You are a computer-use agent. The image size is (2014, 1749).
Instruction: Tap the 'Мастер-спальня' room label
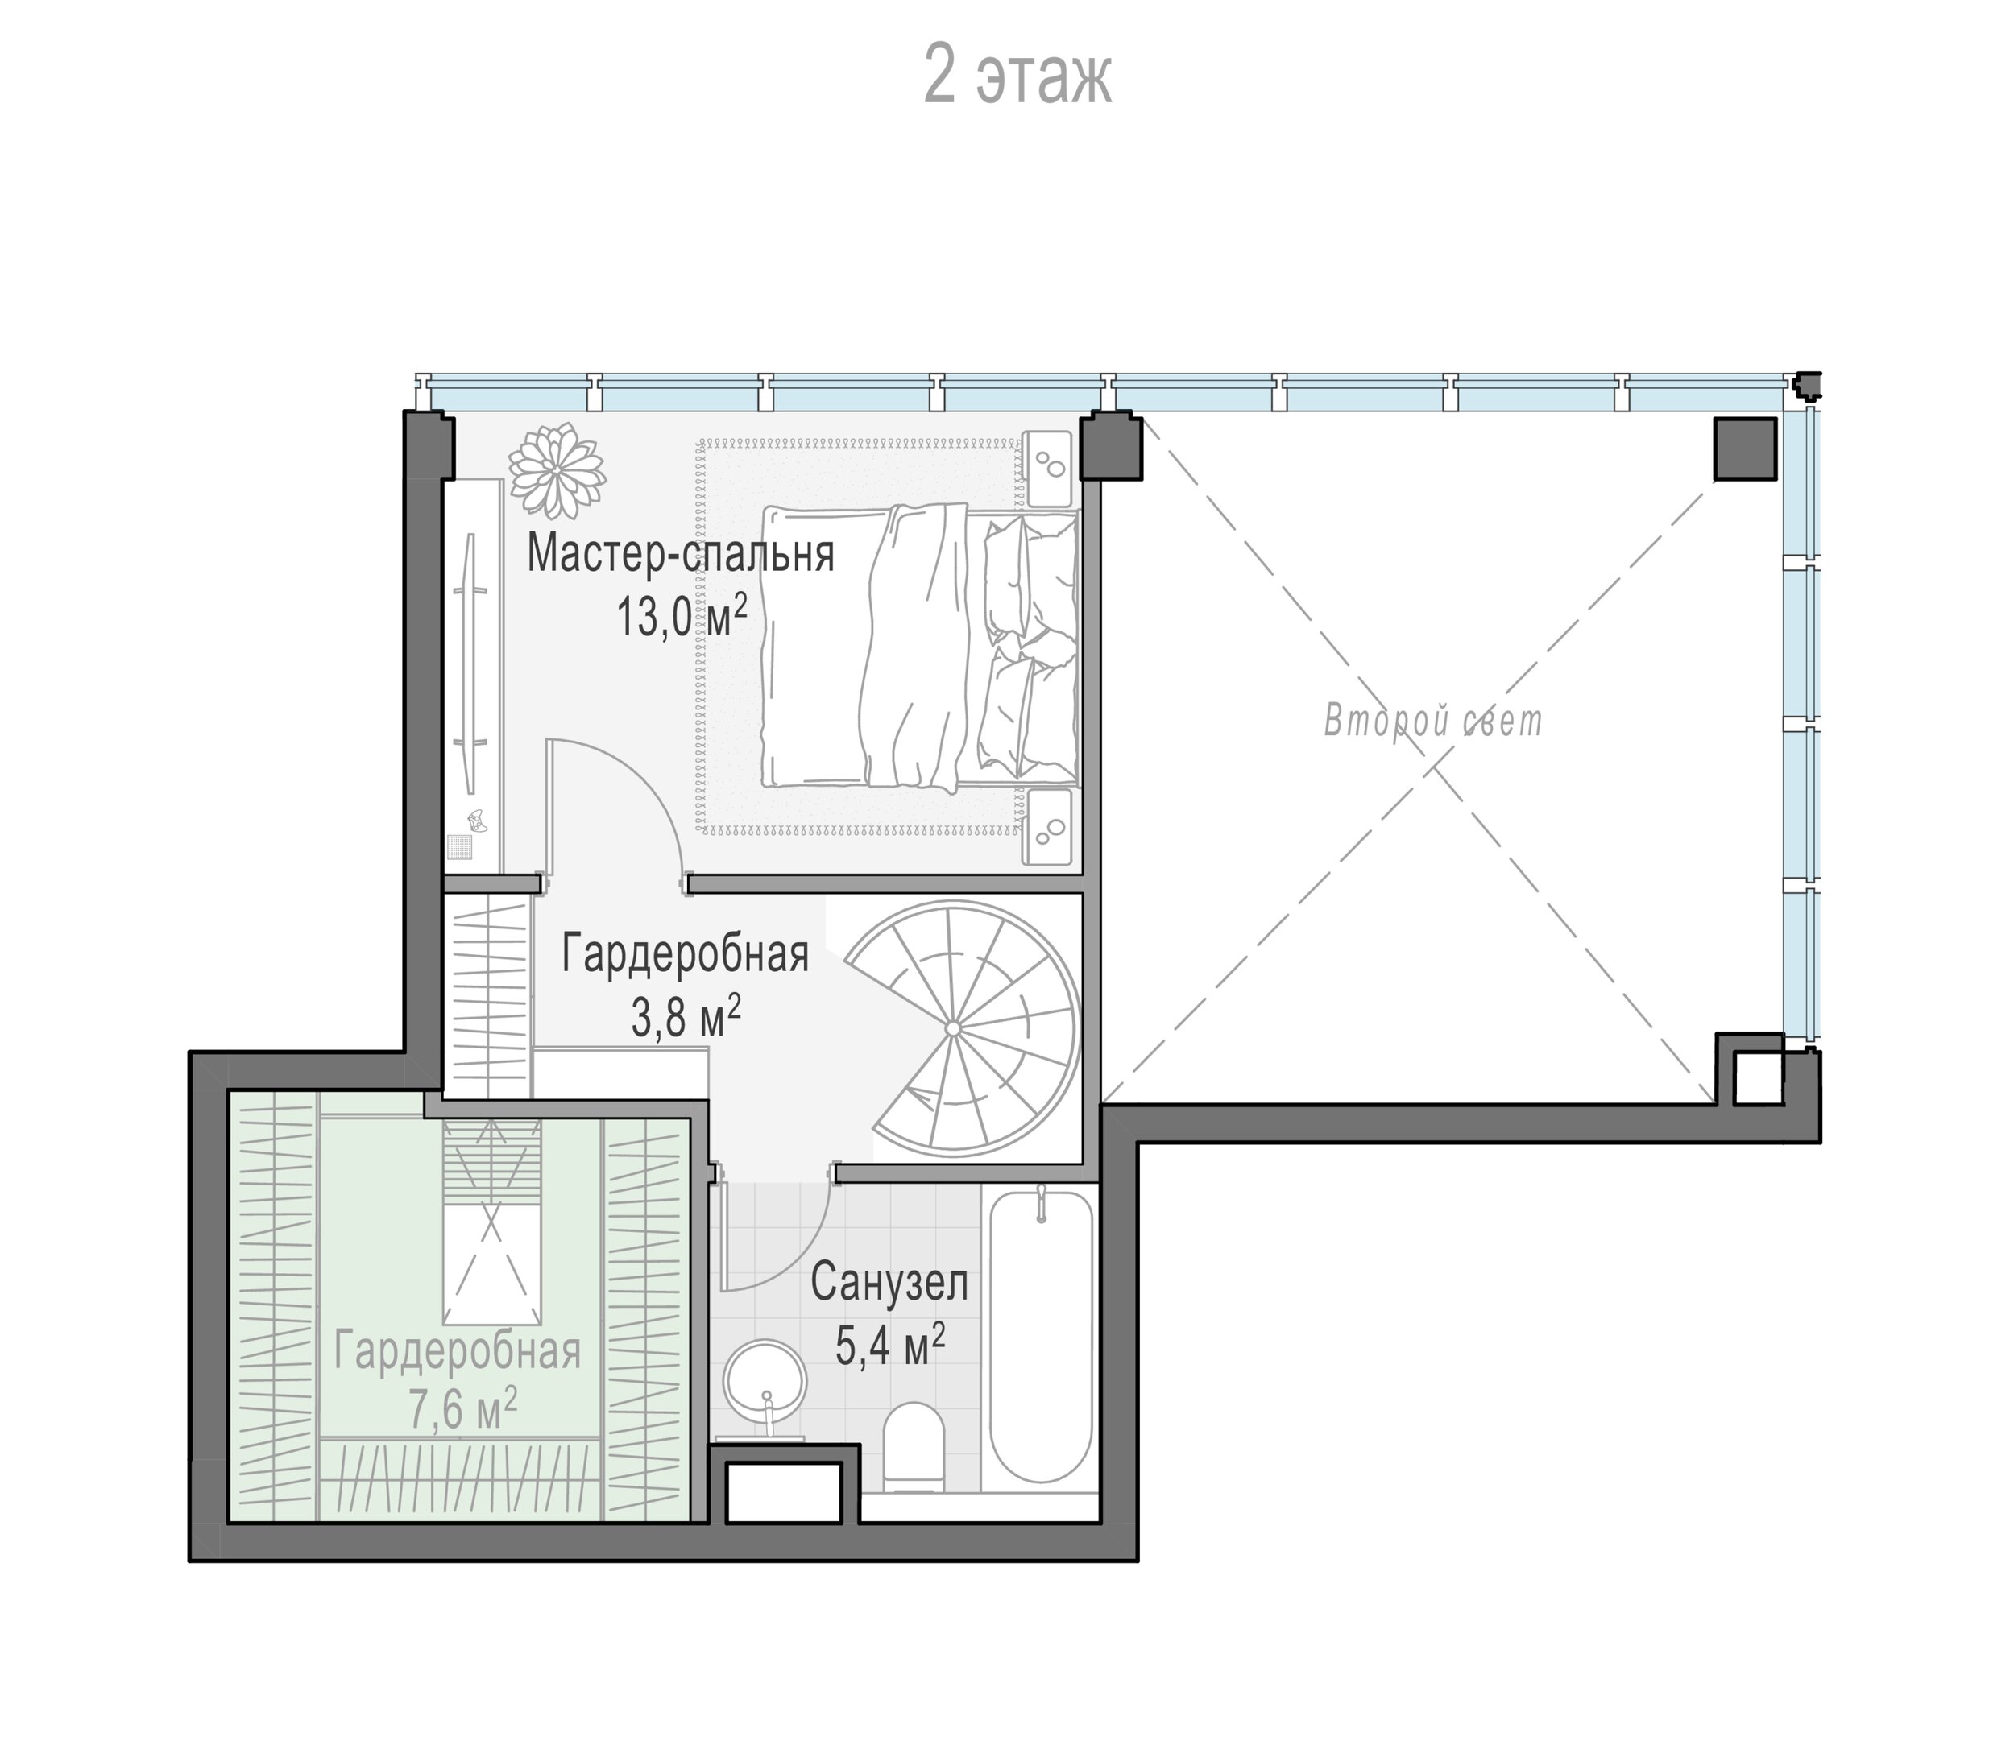point(681,553)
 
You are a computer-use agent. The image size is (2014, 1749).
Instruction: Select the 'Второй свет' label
point(1433,722)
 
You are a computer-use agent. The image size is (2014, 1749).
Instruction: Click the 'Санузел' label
point(889,1283)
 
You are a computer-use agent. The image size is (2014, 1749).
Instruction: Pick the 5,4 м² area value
point(889,1345)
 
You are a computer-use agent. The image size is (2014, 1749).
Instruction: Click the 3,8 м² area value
point(686,1017)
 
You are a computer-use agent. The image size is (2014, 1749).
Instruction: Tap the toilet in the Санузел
point(914,1446)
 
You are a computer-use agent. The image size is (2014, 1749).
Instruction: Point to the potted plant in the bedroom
point(557,471)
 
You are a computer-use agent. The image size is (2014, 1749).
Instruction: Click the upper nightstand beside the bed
point(1047,469)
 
